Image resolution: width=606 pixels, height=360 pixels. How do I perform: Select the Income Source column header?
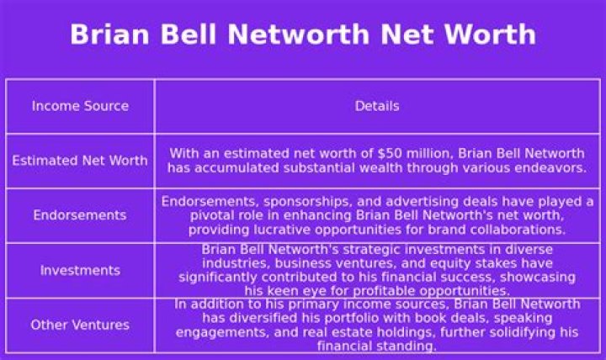tap(80, 106)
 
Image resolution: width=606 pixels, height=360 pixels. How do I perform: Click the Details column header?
tap(377, 106)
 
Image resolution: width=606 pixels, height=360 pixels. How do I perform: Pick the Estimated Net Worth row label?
tap(80, 161)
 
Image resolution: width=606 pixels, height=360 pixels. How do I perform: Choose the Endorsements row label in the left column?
tap(80, 215)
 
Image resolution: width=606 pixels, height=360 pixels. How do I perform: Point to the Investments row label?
tap(80, 271)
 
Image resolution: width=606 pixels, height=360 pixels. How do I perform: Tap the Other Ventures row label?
tap(80, 325)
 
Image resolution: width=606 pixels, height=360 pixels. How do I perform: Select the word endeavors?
tap(552, 168)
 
